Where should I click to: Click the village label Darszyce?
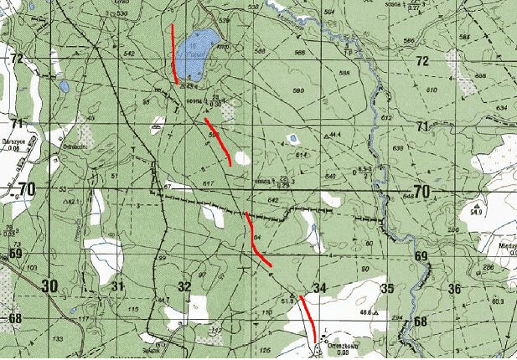tap(17, 141)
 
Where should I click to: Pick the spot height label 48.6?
tap(365, 312)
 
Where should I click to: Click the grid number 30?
tap(49, 286)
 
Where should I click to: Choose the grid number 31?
tap(118, 287)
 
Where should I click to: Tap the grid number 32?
tap(184, 287)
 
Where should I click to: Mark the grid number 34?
tap(318, 288)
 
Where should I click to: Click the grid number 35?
tap(386, 288)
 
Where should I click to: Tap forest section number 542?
tap(128, 54)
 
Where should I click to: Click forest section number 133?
tap(57, 338)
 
